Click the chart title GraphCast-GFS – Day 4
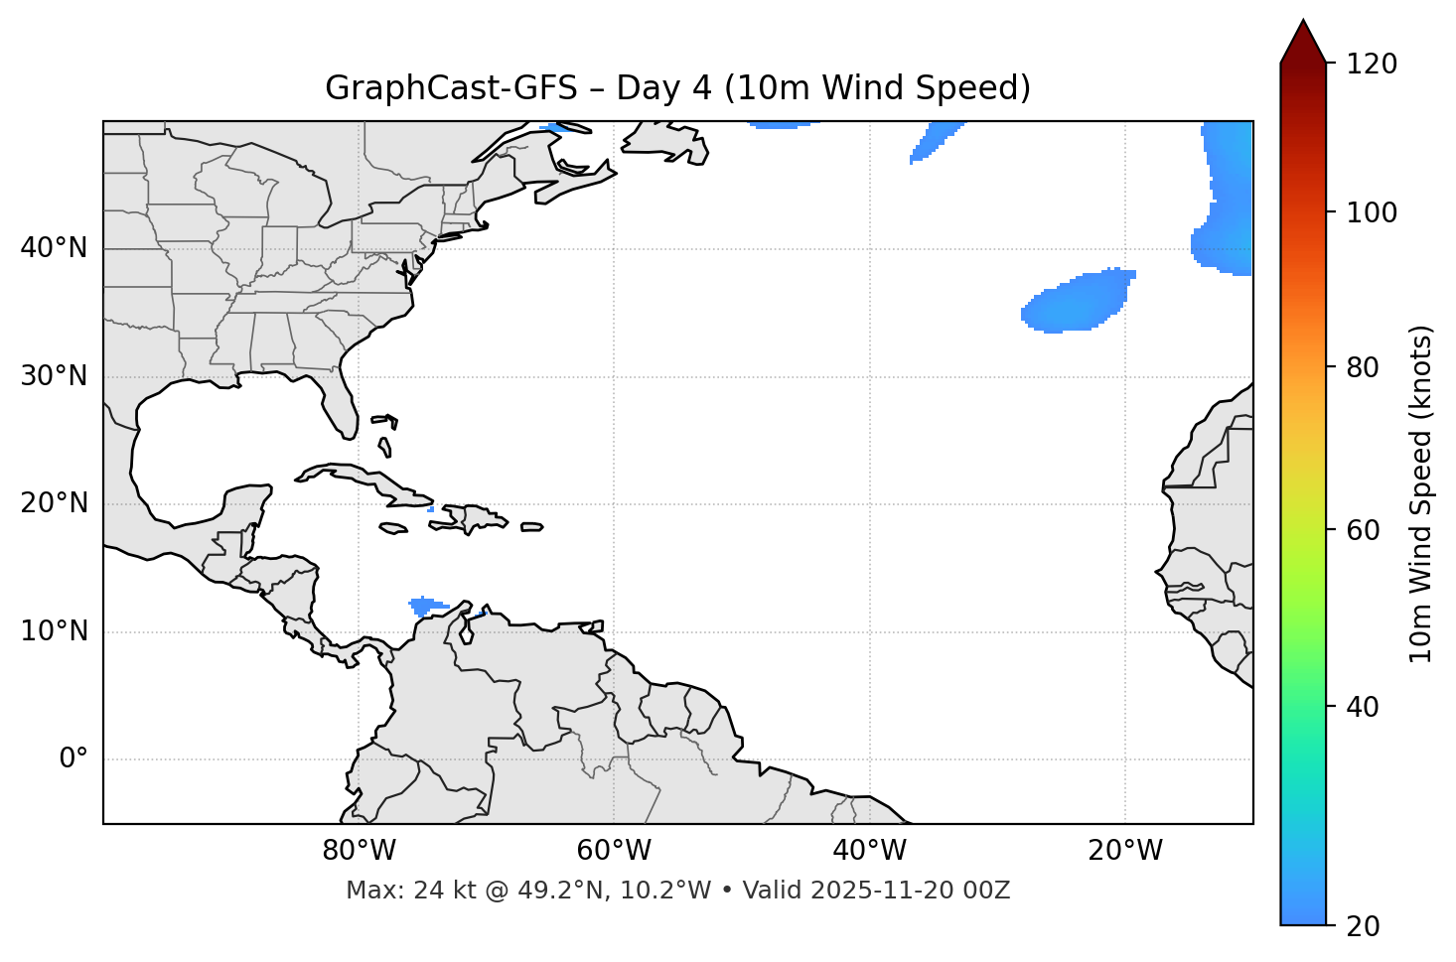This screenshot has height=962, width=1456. pos(677,88)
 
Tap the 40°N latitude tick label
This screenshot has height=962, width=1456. pos(54,248)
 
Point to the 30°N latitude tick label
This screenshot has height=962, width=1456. pos(54,376)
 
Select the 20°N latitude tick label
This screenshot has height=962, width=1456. pos(54,503)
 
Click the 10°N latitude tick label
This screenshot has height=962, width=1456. pos(54,631)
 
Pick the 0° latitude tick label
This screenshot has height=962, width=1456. pos(73,759)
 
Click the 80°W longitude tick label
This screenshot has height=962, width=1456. pos(359,851)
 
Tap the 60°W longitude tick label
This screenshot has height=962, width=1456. pos(614,851)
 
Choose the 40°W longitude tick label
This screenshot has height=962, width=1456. pos(869,851)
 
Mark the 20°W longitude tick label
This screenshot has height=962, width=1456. pos(1125,851)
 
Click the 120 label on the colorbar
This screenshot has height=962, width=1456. pos(1372,65)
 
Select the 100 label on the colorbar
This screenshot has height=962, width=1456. pos(1372,212)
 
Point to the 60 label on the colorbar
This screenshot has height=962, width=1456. pos(1365,530)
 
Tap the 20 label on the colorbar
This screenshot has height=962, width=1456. pos(1365,926)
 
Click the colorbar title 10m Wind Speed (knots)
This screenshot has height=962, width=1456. pos(1421,493)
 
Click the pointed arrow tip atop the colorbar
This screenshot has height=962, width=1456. pos(1303,24)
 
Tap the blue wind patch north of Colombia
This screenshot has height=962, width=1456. pos(425,605)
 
